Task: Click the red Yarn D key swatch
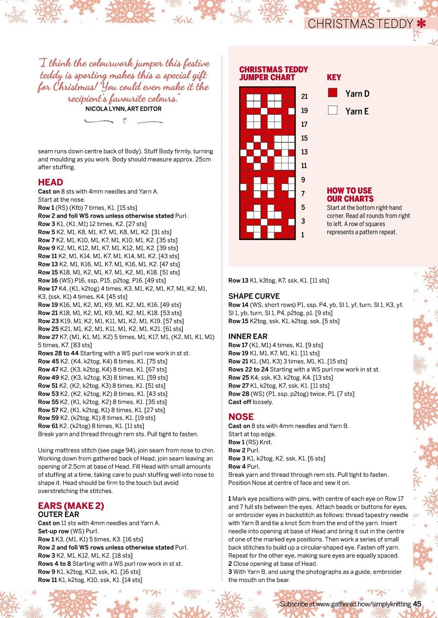(333, 93)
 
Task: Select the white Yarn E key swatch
(333, 110)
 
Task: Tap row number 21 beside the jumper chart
(304, 97)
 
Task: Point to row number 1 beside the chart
(303, 235)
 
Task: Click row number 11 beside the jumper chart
(304, 165)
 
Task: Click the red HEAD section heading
(51, 182)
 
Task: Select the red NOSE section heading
(241, 417)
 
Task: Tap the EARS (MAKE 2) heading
(71, 506)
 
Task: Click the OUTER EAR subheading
(58, 514)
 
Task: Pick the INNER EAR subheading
(248, 337)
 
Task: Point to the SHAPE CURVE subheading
(254, 296)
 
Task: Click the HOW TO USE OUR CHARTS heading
(350, 194)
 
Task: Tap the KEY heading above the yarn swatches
(334, 77)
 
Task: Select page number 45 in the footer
(417, 604)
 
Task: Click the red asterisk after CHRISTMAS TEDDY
(421, 24)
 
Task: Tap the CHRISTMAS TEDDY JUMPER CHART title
(273, 73)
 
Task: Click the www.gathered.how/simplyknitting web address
(363, 604)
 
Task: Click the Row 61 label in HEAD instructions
(47, 426)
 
